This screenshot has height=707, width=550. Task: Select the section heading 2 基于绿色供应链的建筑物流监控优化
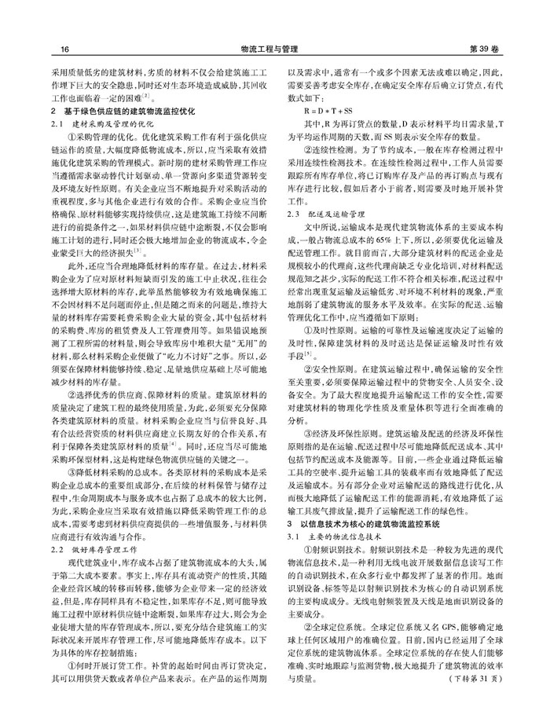tap(126, 112)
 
